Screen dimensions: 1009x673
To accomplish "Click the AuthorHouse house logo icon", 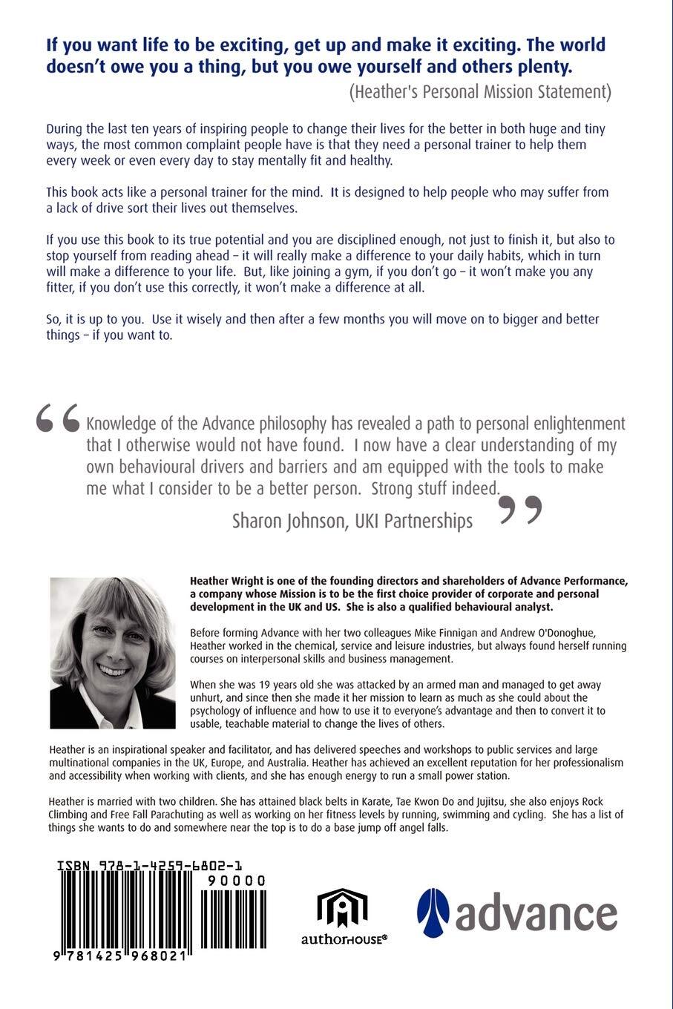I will coord(343,907).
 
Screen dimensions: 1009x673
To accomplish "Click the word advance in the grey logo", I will coord(536,914).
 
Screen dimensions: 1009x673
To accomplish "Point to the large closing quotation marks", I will coord(522,510).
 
